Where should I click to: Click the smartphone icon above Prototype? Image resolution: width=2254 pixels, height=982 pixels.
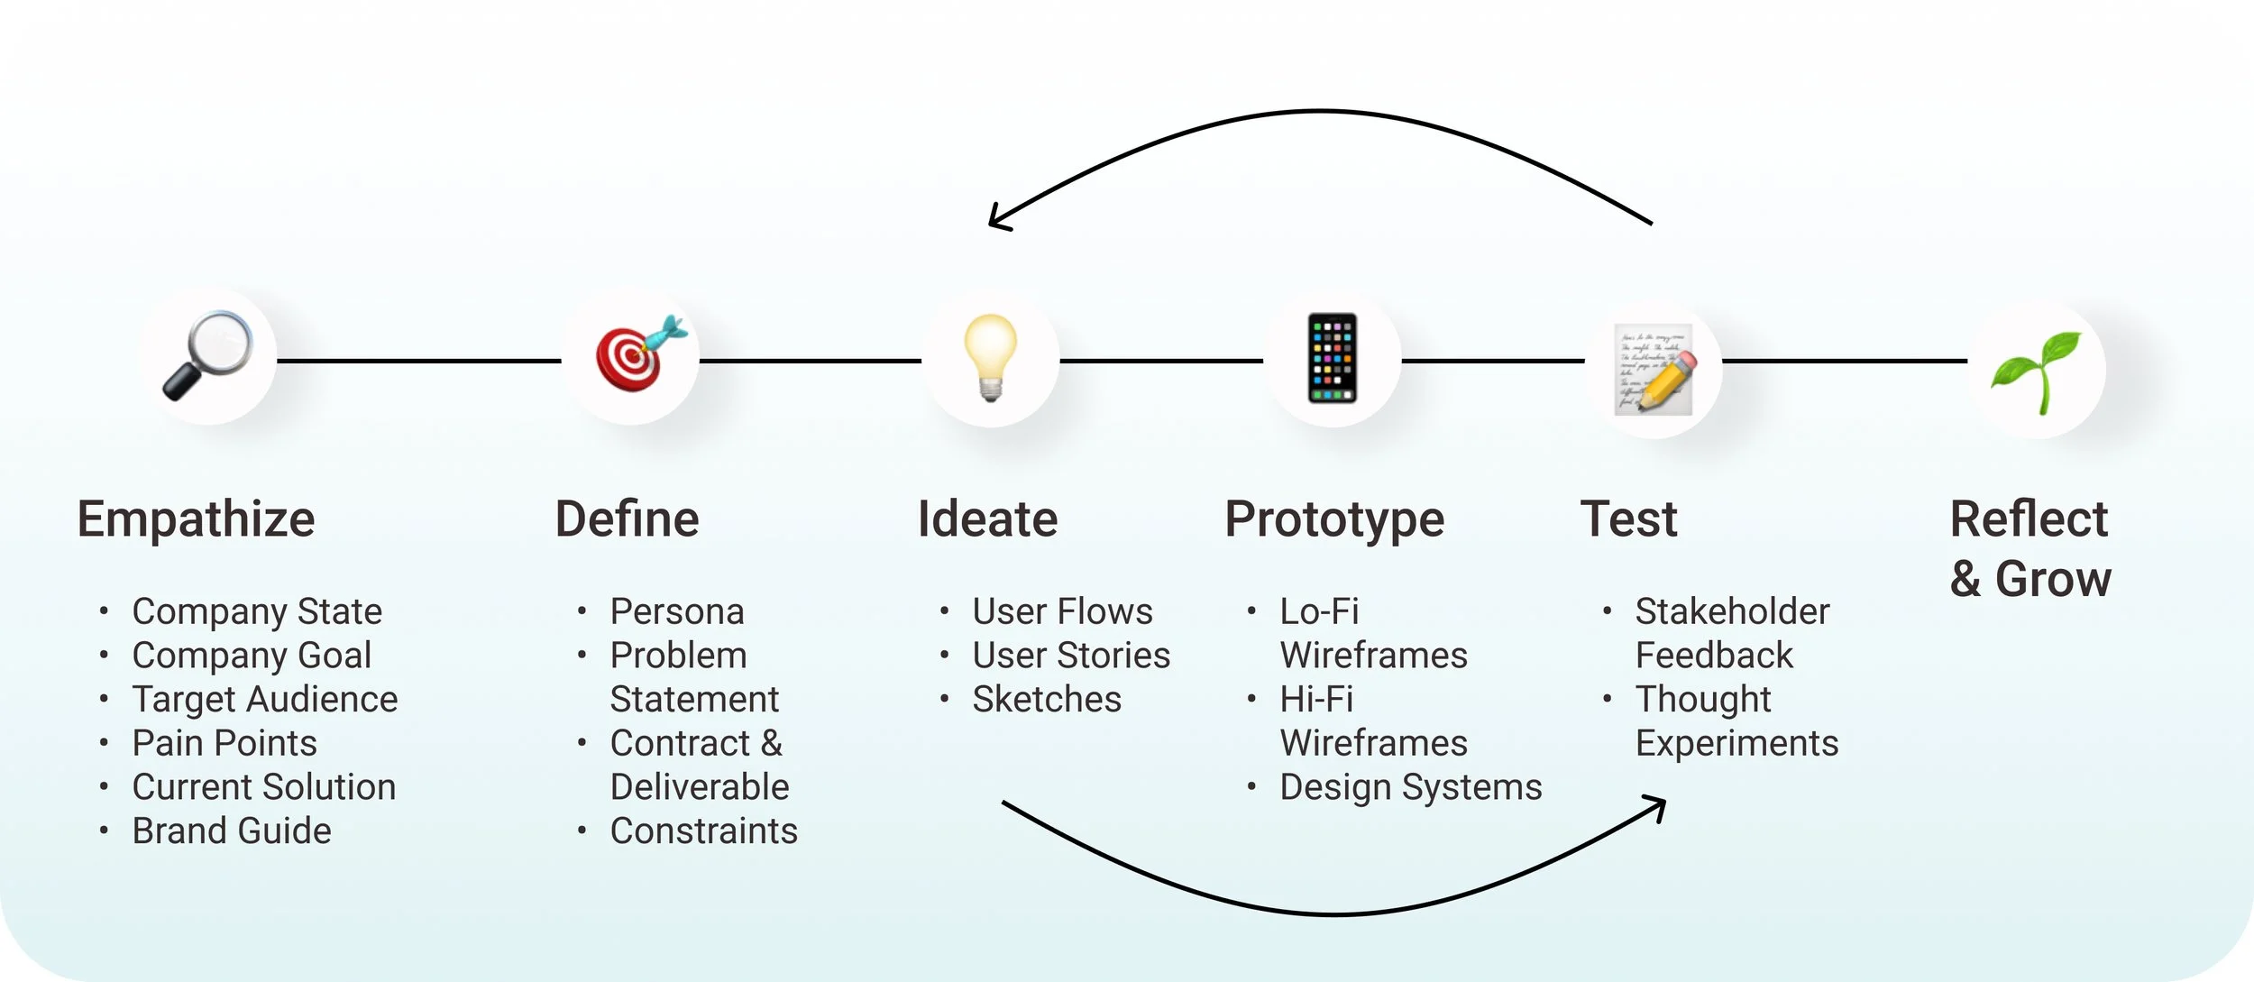click(x=1333, y=358)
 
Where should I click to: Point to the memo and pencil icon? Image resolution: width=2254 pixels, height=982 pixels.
click(x=1654, y=369)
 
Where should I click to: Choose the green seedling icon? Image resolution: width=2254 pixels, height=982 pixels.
click(x=2038, y=371)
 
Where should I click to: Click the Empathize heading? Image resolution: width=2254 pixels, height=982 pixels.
click(x=196, y=519)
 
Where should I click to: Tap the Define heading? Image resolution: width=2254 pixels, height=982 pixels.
click(x=627, y=519)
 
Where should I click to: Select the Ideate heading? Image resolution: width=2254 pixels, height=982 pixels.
click(x=987, y=519)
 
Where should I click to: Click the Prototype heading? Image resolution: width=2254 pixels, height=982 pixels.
click(x=1334, y=520)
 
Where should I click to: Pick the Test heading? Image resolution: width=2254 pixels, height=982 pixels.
click(x=1628, y=519)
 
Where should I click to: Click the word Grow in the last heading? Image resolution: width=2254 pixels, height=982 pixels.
click(x=2053, y=579)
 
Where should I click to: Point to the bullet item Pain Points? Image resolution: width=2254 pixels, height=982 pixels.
click(x=224, y=743)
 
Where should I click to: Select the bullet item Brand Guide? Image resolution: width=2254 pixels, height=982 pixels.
click(x=232, y=831)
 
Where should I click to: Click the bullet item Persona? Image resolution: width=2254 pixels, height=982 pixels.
click(x=677, y=611)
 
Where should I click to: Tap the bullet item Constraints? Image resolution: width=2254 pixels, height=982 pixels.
click(x=703, y=831)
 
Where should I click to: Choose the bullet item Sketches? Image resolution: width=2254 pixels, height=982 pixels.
click(x=1047, y=699)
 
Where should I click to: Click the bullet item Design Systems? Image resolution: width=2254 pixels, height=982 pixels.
click(x=1410, y=787)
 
